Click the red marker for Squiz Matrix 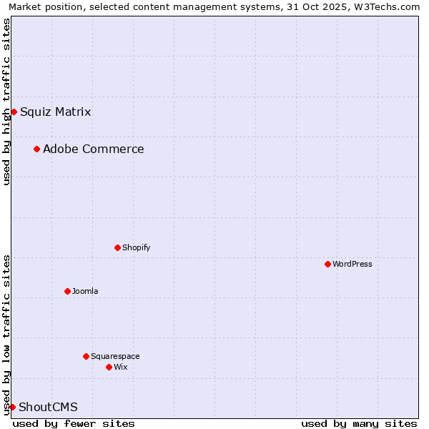click(14, 112)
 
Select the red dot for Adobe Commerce click(36, 149)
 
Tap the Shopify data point click(117, 247)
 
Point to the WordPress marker click(327, 264)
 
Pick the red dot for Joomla click(67, 291)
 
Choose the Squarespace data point click(86, 356)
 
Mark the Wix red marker click(109, 367)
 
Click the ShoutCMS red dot click(12, 407)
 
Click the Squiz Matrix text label click(55, 112)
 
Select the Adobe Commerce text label click(93, 149)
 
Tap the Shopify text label click(136, 247)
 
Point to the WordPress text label click(352, 264)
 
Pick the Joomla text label click(85, 291)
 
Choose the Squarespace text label click(115, 356)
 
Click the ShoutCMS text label click(48, 407)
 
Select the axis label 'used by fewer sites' click(74, 423)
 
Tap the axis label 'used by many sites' click(359, 423)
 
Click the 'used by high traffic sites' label click(6, 102)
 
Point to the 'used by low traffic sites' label click(6, 334)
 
